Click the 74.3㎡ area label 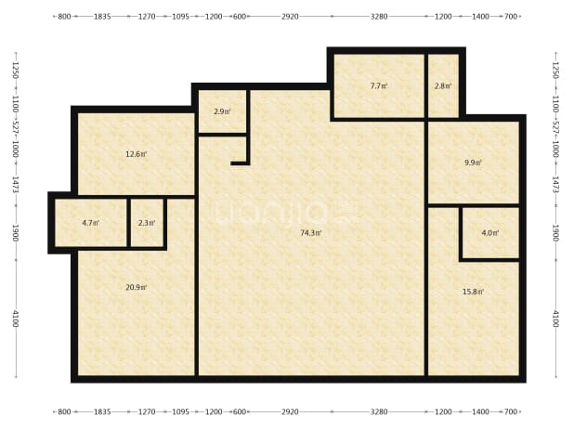pos(311,233)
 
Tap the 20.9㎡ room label pos(137,287)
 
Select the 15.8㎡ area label pos(474,292)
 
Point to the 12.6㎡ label pos(137,154)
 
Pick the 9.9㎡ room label pos(474,163)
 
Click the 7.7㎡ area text pos(379,86)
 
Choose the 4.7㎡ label pos(91,223)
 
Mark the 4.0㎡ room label pos(490,233)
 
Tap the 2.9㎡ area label pos(222,111)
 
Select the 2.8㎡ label pos(443,86)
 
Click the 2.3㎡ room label pos(147,223)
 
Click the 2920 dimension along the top pos(290,17)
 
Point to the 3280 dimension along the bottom pos(379,411)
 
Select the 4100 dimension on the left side pos(16,319)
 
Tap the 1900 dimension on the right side pos(555,233)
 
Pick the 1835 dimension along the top pos(102,17)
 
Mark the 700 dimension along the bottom pos(511,411)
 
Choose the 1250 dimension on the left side pos(16,70)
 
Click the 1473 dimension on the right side pos(555,185)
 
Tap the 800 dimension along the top pos(64,17)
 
